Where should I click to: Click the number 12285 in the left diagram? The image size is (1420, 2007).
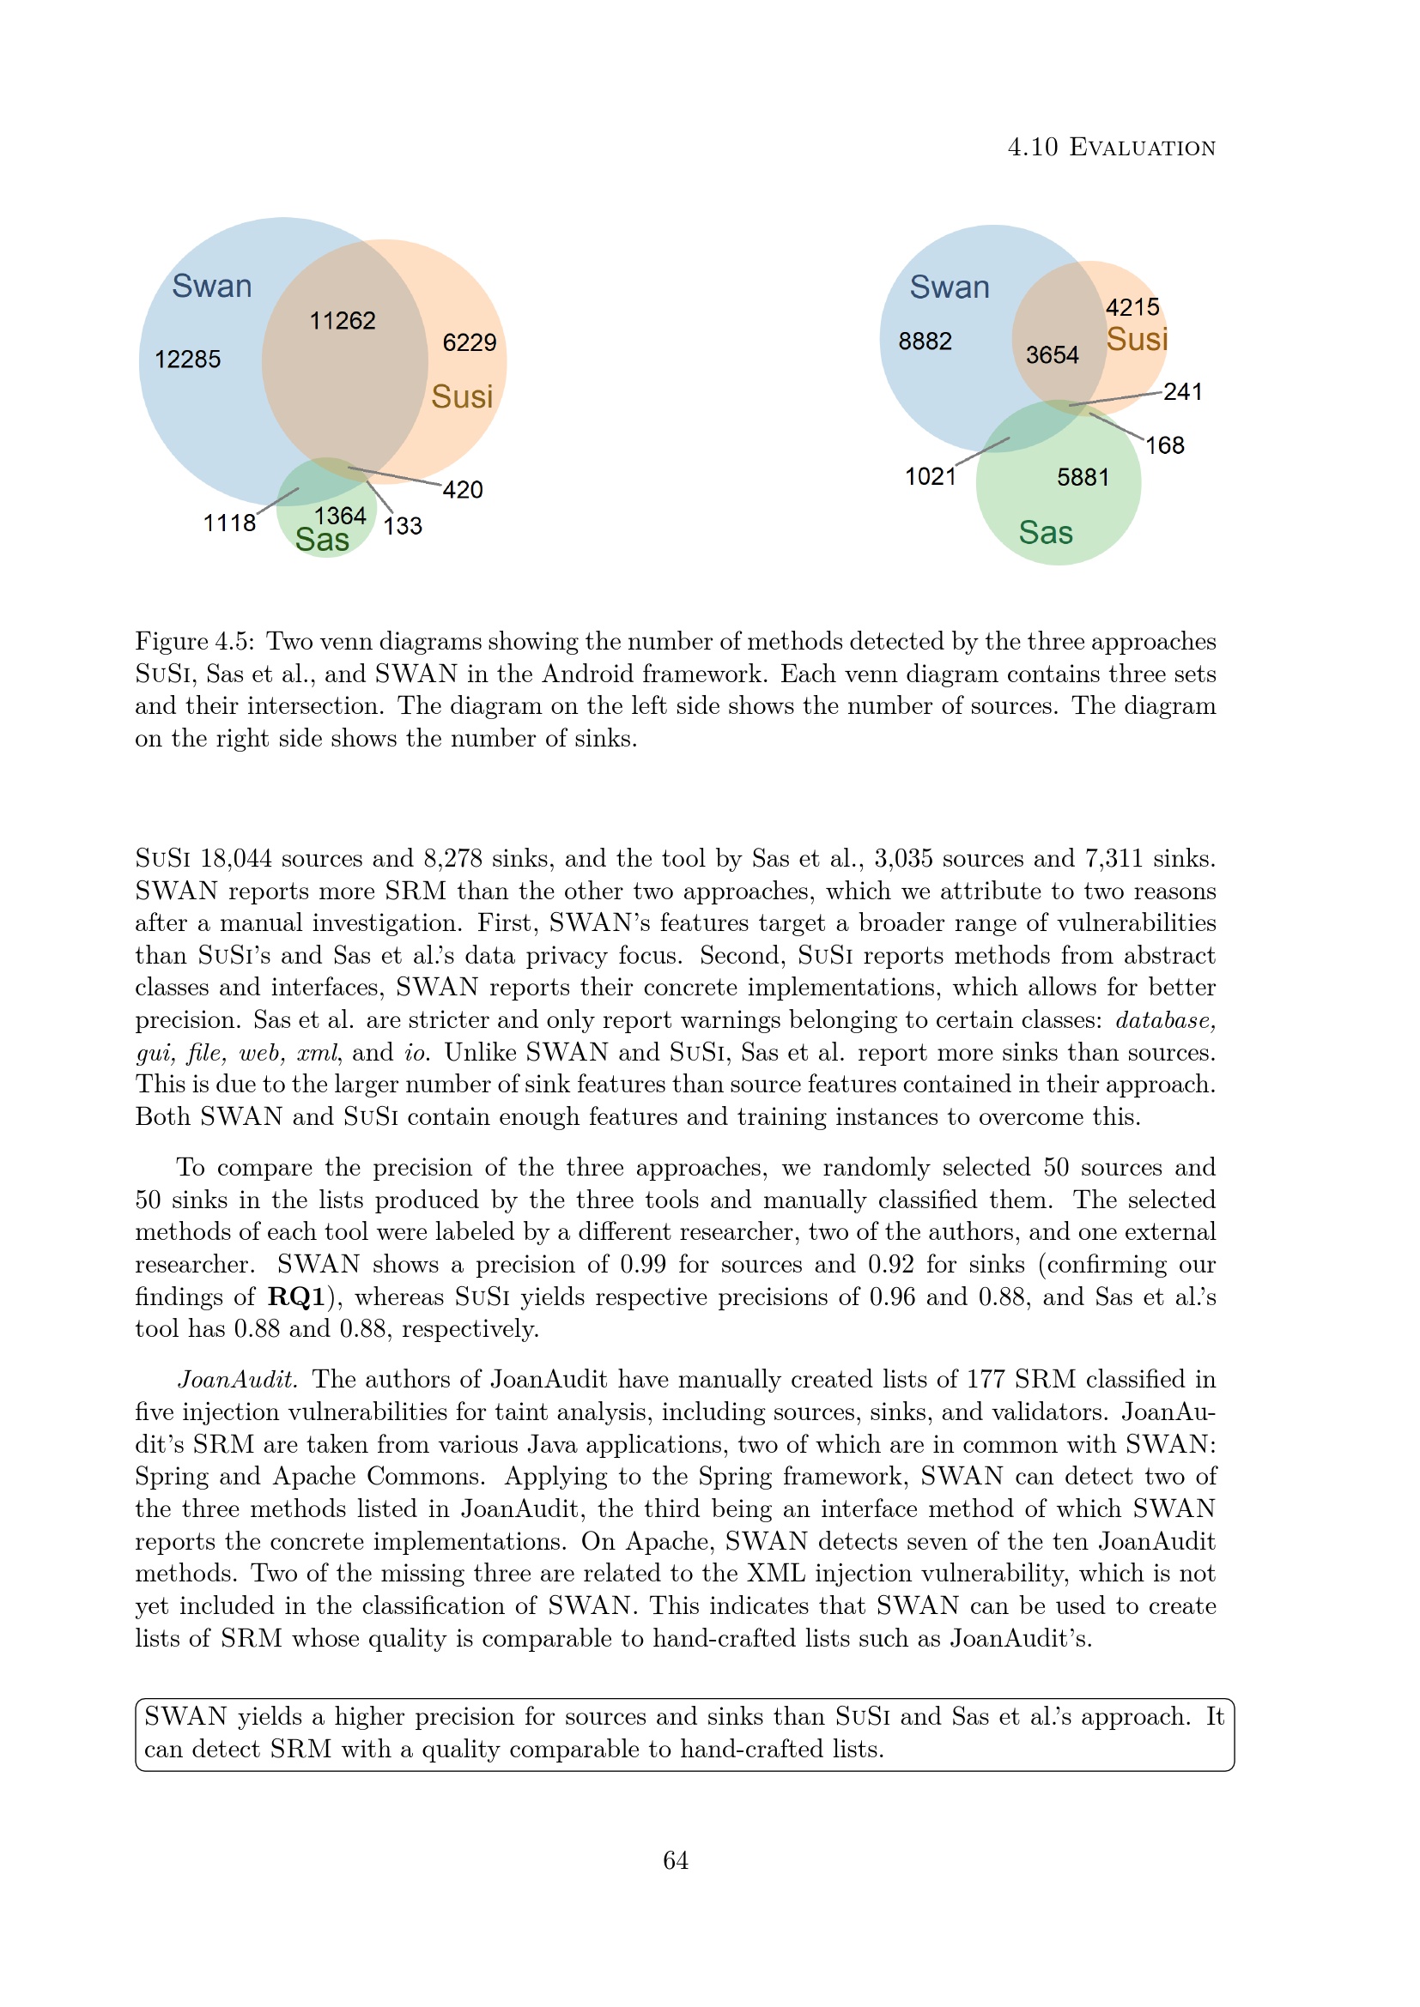187,360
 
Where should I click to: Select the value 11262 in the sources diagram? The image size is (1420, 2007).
343,321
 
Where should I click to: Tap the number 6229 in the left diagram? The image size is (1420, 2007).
470,342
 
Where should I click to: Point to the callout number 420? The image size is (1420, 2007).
463,489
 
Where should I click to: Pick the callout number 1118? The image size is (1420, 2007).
229,523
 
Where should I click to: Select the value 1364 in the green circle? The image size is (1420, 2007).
340,516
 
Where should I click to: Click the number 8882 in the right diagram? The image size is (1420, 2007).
925,341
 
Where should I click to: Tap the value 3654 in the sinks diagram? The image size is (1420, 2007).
1052,355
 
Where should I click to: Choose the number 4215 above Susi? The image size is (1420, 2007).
1132,308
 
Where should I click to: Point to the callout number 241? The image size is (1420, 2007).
1183,391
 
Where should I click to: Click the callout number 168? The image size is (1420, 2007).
1165,446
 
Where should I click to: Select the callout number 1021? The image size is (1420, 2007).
931,476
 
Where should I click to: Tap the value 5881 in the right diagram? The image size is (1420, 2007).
1083,477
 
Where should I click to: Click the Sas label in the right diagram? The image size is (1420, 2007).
1046,532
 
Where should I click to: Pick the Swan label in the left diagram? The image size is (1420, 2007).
211,286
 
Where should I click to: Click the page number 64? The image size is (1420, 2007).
676,1860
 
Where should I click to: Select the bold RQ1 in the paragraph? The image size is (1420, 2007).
296,1297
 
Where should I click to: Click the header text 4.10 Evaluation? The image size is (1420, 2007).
1111,147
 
